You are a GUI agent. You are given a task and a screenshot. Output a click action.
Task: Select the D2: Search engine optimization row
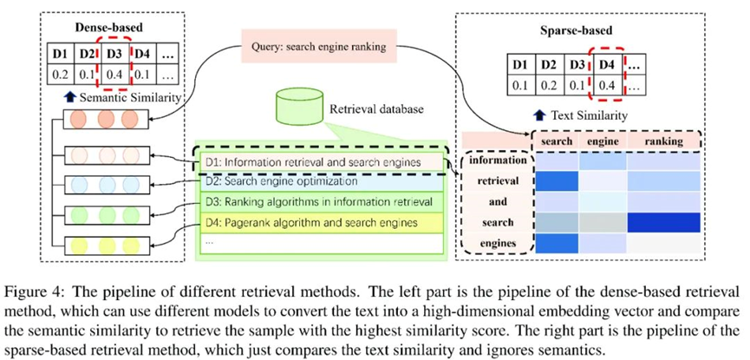282,181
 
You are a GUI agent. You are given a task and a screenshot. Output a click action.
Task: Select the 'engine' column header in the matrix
601,141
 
